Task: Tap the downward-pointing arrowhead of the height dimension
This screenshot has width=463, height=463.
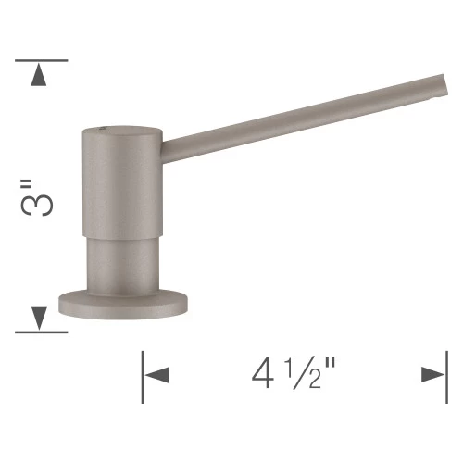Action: click(x=39, y=318)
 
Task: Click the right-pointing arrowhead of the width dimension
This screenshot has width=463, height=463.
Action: click(x=431, y=375)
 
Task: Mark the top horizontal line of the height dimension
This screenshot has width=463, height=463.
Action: click(x=42, y=61)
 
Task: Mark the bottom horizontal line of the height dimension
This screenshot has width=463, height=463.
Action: click(x=42, y=332)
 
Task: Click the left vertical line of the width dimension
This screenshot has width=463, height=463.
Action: click(x=142, y=375)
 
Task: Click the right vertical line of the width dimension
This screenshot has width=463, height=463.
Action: click(x=445, y=375)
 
